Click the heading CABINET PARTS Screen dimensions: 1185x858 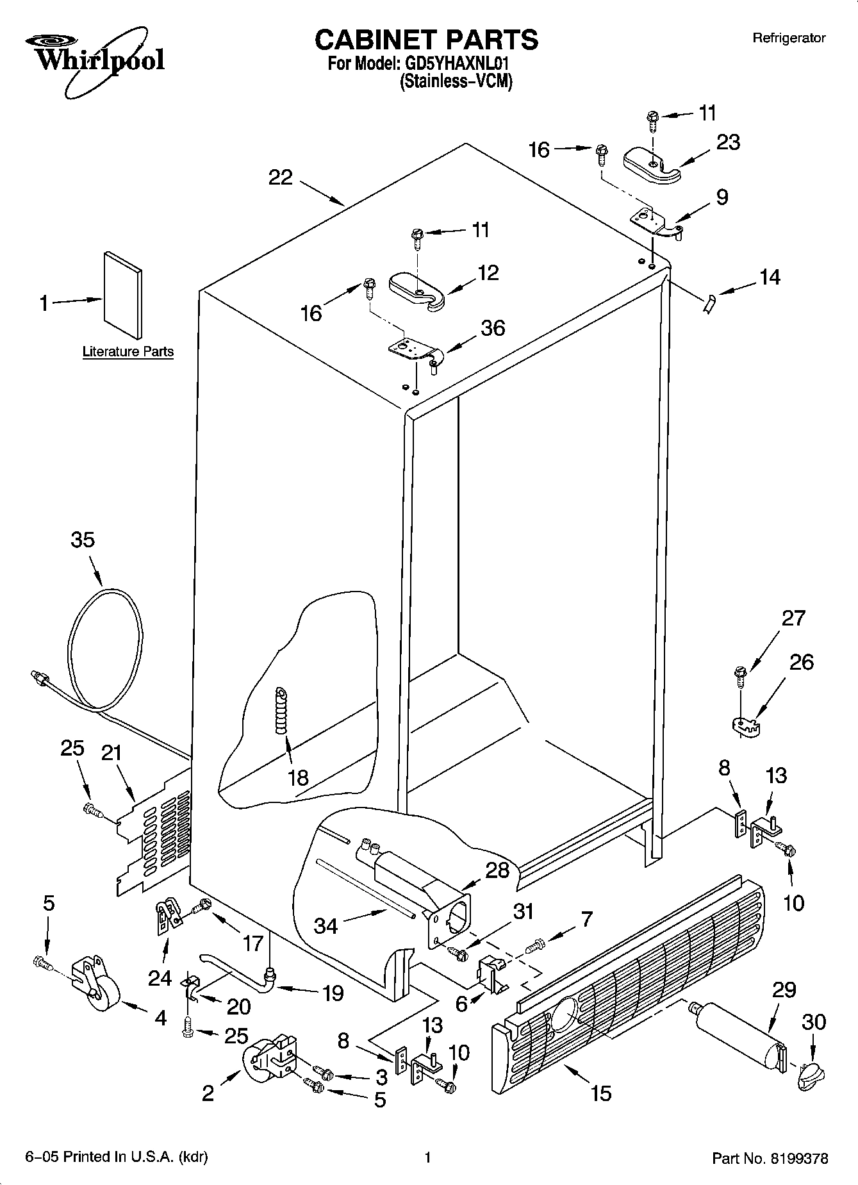tap(426, 40)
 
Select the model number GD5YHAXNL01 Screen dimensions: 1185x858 tap(458, 65)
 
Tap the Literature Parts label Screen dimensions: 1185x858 tap(128, 351)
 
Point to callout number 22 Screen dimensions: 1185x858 tap(280, 177)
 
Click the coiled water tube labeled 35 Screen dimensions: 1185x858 tap(103, 647)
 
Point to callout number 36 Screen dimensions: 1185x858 tap(493, 327)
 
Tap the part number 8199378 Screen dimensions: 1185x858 tap(799, 1158)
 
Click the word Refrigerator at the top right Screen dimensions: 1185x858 tap(788, 38)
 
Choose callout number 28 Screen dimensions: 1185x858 tap(497, 870)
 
